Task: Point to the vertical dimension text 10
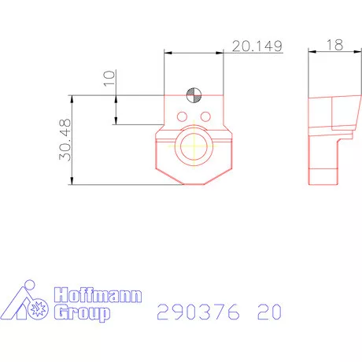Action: pos(109,79)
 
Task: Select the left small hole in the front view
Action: pos(183,116)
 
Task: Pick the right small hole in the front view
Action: pos(205,116)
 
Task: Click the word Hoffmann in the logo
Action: pos(98,297)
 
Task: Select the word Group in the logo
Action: pos(82,314)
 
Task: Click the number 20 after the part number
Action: pos(268,312)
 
